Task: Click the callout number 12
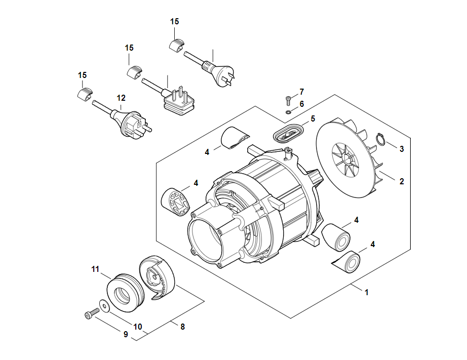point(121,98)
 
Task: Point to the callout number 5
point(313,119)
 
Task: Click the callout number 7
point(301,92)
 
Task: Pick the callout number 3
point(402,149)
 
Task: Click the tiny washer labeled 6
point(288,111)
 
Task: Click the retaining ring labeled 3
point(382,139)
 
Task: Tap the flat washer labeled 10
point(104,305)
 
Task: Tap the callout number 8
point(182,327)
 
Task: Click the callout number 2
point(402,181)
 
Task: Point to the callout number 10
point(138,327)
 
